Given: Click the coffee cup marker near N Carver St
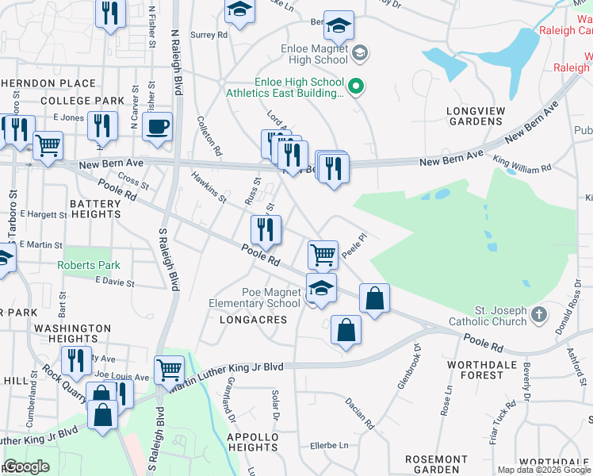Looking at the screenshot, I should coord(158,126).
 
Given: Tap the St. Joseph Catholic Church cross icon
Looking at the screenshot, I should coord(539,315).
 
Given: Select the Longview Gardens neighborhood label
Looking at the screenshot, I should coord(475,116).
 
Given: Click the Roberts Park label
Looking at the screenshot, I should coord(88,266).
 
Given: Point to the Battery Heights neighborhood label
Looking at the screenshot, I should coord(95,209).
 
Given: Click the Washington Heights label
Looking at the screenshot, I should coord(73,333).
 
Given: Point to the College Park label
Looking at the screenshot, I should coord(82,101).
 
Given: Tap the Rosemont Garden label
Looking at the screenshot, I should coord(436,465).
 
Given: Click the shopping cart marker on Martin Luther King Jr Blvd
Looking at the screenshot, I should coord(170,369).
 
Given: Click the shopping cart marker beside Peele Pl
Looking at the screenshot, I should coord(323,255).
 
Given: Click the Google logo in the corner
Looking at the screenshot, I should coord(26,466).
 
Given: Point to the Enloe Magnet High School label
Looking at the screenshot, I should coord(304,54).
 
